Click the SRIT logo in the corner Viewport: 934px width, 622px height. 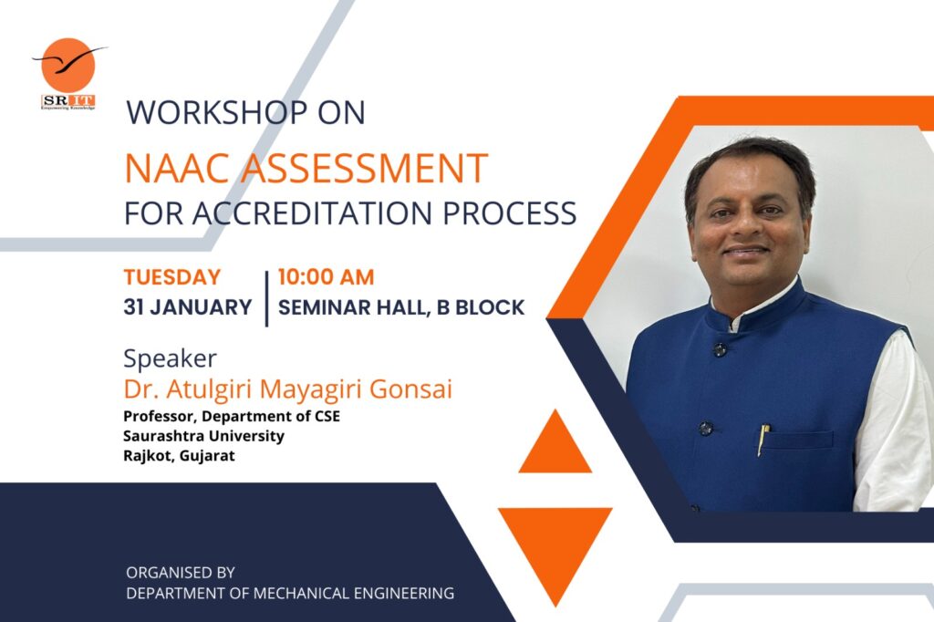click(x=68, y=73)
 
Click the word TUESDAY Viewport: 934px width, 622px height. click(x=172, y=277)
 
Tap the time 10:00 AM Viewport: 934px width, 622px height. click(x=326, y=277)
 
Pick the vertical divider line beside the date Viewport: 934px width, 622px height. click(x=266, y=297)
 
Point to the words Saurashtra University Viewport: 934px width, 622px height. click(x=203, y=436)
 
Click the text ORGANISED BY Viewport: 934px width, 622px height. click(x=181, y=573)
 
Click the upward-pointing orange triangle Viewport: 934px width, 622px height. click(x=555, y=445)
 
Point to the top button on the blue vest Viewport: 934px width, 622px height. click(x=720, y=349)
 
